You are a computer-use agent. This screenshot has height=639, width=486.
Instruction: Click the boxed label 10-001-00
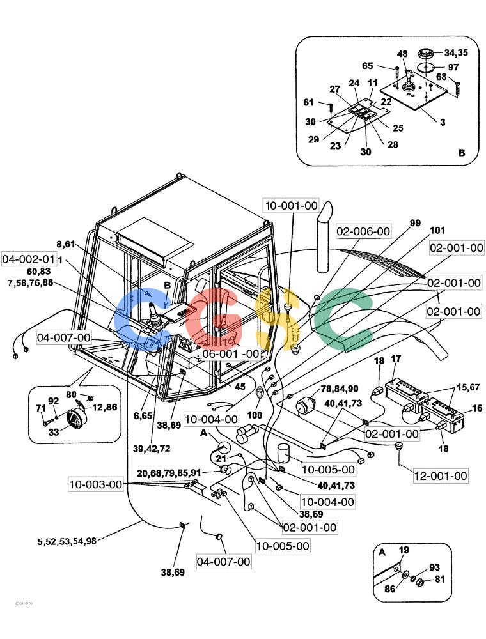(292, 205)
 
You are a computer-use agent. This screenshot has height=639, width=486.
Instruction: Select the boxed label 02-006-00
(363, 231)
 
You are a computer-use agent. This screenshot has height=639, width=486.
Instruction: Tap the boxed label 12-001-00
(441, 475)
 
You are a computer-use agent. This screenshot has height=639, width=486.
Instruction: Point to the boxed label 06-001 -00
(231, 354)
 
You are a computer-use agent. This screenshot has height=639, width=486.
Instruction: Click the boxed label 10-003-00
(96, 484)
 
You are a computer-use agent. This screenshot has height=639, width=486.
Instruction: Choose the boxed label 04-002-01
(28, 259)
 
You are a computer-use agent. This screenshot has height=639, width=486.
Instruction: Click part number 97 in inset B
(453, 67)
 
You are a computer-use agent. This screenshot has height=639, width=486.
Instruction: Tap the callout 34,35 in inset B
(456, 52)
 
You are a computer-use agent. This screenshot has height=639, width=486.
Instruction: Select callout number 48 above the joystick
(402, 54)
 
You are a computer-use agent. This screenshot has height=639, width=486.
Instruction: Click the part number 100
(255, 415)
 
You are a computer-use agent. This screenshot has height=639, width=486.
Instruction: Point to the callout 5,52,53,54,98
(67, 541)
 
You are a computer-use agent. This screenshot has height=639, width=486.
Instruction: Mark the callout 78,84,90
(339, 389)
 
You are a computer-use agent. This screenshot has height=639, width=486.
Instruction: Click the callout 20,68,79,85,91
(169, 473)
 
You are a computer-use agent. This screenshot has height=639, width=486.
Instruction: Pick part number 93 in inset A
(434, 567)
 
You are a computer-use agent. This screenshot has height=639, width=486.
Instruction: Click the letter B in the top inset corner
(462, 153)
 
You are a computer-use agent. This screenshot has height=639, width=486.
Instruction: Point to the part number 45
(240, 385)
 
